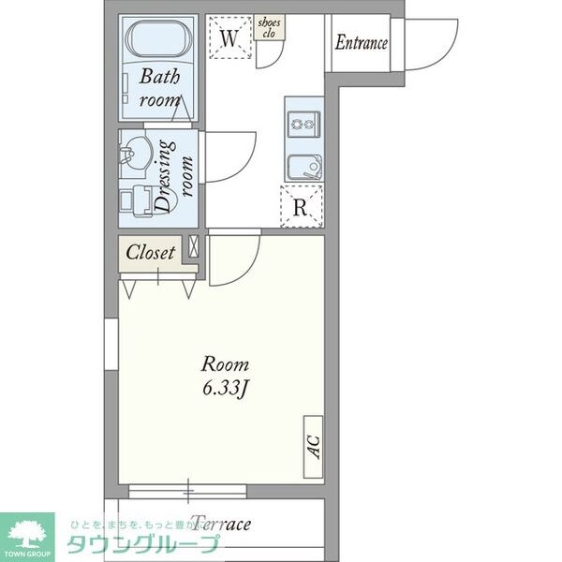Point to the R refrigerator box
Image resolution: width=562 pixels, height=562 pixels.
300,206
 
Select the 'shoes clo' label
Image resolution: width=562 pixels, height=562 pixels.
270,27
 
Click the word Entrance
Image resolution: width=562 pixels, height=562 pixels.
362,42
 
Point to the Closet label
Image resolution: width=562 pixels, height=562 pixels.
151,252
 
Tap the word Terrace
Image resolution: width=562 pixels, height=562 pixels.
220,523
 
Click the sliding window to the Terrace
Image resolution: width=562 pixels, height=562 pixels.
187,490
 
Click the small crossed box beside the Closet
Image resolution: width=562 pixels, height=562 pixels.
194,248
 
